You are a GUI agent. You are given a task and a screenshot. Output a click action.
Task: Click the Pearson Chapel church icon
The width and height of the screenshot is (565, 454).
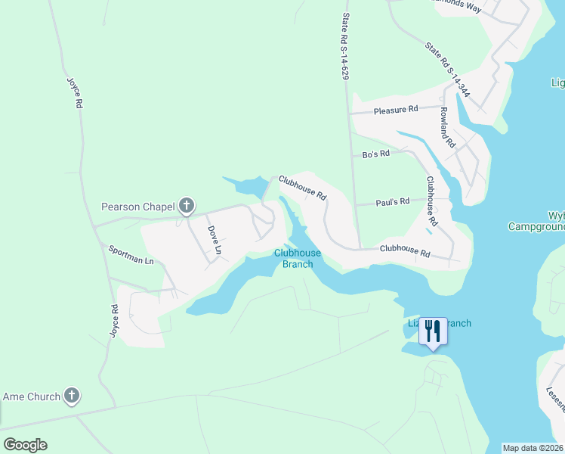187,206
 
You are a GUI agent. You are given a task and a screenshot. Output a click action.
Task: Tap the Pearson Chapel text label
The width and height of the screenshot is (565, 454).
138,207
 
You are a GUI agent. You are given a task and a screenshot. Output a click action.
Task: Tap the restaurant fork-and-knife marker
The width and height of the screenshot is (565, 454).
433,331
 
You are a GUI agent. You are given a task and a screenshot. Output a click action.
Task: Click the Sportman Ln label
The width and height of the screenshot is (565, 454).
131,255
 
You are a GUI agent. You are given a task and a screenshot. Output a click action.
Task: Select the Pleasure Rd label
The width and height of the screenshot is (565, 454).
396,110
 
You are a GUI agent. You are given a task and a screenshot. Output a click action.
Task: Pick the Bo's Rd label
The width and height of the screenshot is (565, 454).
375,154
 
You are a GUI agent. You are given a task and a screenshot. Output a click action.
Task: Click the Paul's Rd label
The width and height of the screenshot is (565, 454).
393,202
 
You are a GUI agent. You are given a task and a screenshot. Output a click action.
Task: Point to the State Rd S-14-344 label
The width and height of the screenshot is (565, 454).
447,70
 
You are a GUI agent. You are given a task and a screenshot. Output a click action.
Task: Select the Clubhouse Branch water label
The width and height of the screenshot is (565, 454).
297,258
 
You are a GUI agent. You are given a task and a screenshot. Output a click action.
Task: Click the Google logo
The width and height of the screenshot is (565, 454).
25,445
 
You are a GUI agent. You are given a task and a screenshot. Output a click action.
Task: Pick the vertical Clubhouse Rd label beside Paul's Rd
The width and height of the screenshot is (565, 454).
432,201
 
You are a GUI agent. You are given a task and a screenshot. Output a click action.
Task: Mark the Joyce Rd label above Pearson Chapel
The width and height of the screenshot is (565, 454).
73,92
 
